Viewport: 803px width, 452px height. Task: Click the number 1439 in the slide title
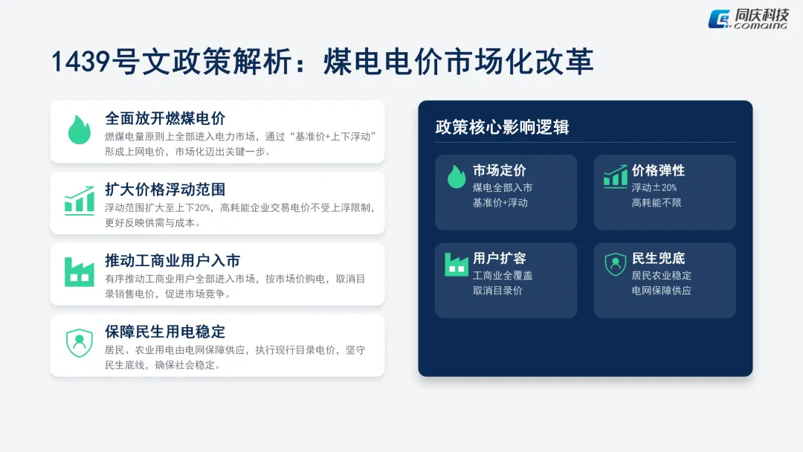pos(81,62)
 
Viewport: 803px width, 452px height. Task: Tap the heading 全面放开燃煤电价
pos(165,118)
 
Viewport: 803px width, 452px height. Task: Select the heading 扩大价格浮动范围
pos(165,190)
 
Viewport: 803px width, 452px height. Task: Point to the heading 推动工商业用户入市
pos(172,261)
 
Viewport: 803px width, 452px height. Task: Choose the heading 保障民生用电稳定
pos(165,332)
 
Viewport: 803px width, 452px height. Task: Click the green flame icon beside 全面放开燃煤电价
pos(79,129)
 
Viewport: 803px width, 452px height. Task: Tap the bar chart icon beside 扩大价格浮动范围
pos(79,201)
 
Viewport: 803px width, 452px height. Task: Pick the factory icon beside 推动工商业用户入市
pos(79,272)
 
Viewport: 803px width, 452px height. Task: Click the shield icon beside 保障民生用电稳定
pos(79,343)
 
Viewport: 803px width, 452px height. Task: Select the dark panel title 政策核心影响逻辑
pos(502,127)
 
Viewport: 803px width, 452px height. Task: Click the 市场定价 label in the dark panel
pos(499,171)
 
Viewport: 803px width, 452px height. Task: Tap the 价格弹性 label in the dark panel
pos(658,171)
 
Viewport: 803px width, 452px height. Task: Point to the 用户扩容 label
pos(499,259)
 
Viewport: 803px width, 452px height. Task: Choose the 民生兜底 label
pos(658,259)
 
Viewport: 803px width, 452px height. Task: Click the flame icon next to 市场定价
pos(456,177)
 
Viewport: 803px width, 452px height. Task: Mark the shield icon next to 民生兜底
pos(615,264)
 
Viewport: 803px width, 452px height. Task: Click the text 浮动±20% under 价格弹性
pos(654,187)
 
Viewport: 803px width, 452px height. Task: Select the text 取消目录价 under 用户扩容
pos(497,291)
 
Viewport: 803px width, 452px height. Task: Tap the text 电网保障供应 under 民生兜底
pos(662,291)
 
